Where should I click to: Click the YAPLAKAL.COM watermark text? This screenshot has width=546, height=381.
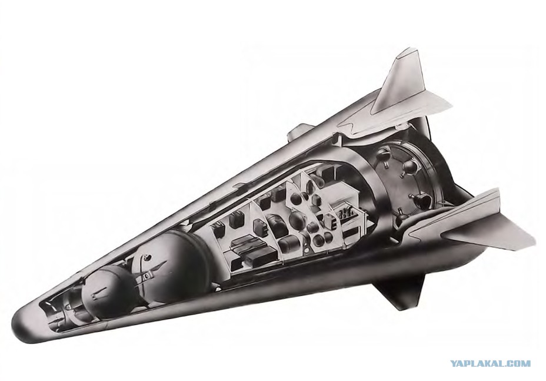490,364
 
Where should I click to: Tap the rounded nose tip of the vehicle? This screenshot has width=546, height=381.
18,321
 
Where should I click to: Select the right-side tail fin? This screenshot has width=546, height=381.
488,223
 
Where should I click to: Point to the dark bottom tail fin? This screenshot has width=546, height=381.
401,289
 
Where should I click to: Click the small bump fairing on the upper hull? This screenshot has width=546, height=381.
296,134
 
